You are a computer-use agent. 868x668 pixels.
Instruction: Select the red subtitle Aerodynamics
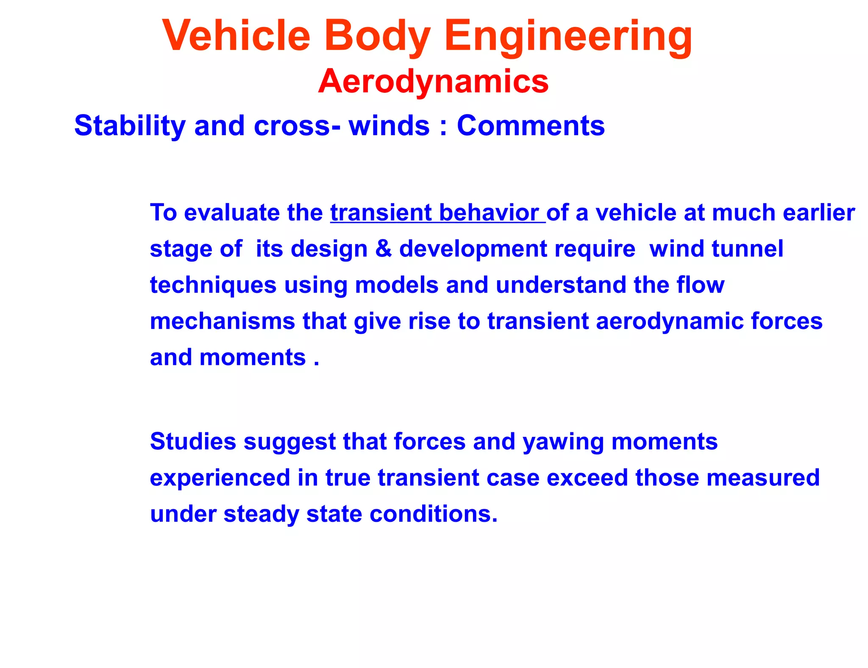(433, 81)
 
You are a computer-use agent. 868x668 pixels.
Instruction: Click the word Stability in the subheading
(130, 126)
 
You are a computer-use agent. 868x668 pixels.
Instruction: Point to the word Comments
(531, 126)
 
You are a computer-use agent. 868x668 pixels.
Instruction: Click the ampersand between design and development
(383, 248)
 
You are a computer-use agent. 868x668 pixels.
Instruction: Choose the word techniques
(213, 285)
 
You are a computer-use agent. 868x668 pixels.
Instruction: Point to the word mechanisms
(222, 321)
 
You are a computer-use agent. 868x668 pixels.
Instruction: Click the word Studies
(193, 442)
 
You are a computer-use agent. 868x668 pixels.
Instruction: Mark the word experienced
(220, 478)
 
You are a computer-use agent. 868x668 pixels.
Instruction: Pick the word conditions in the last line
(433, 514)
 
